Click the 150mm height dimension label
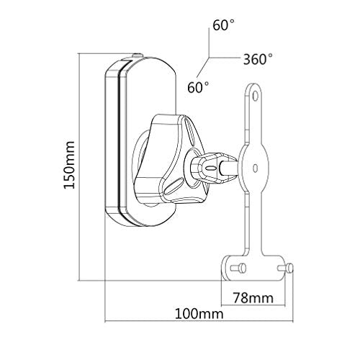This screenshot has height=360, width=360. pyautogui.click(x=69, y=165)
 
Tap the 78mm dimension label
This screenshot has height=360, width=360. pyautogui.click(x=253, y=298)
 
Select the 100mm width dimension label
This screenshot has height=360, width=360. pyautogui.click(x=199, y=314)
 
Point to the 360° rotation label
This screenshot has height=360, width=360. pyautogui.click(x=258, y=59)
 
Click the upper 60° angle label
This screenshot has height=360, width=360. pyautogui.click(x=224, y=25)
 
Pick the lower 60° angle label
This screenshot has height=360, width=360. pyautogui.click(x=198, y=87)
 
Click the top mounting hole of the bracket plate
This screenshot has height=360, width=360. pyautogui.click(x=255, y=96)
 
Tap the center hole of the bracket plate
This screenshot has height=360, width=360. pyautogui.click(x=256, y=168)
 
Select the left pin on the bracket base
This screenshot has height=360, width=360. pyautogui.click(x=238, y=268)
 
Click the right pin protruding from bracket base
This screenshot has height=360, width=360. pyautogui.click(x=286, y=268)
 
